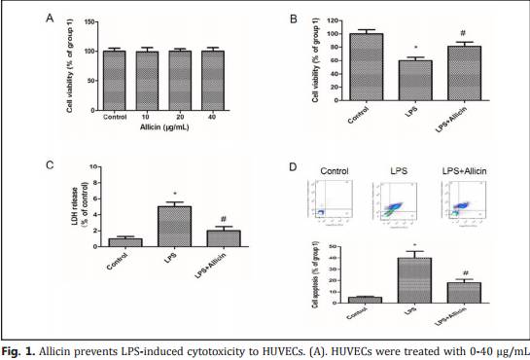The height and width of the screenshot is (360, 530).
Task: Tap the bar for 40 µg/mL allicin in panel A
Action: [211, 79]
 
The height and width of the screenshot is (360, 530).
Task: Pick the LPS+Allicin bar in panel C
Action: [225, 238]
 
